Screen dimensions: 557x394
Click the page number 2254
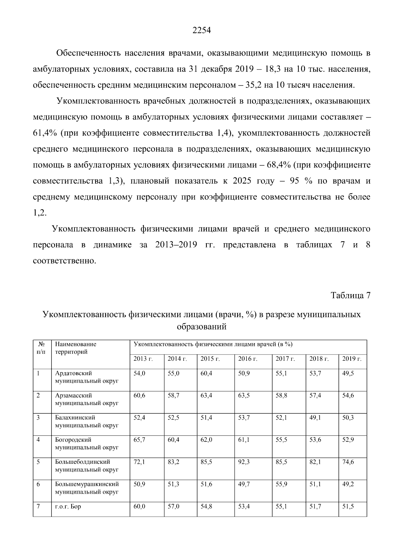[201, 31]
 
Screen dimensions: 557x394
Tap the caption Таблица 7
[350, 295]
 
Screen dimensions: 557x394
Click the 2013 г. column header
[143, 359]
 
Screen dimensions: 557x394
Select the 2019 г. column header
[352, 359]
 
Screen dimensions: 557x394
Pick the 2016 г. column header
[248, 359]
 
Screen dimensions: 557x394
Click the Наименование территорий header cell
[76, 348]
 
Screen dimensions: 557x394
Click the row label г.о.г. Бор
[68, 506]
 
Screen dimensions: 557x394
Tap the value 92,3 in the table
[244, 462]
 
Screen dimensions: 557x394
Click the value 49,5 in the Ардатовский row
[348, 373]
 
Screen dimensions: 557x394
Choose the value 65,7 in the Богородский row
[139, 440]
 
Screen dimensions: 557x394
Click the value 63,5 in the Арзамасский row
[244, 396]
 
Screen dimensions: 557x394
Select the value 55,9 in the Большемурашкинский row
[281, 484]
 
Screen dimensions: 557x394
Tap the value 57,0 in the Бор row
[173, 506]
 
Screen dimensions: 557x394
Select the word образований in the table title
[201, 327]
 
